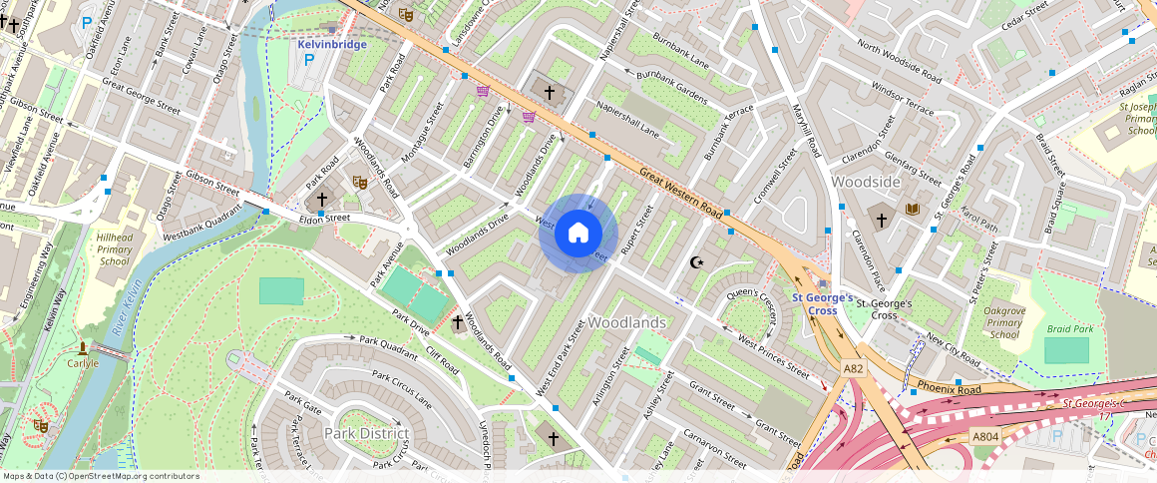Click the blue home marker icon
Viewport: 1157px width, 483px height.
(x=578, y=234)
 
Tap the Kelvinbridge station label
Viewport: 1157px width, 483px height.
(x=332, y=44)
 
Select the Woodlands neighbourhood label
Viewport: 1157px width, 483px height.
(x=626, y=323)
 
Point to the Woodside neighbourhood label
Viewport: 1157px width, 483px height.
(x=867, y=182)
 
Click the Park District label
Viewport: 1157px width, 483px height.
(x=366, y=433)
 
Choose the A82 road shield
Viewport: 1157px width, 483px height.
(x=853, y=368)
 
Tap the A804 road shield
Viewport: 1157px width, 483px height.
(x=985, y=436)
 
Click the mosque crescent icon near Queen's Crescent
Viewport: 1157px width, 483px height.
(x=696, y=262)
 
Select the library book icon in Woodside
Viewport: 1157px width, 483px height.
(x=912, y=209)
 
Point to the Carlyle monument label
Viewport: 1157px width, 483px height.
(x=82, y=363)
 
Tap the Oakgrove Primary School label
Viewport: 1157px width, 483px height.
(x=1004, y=322)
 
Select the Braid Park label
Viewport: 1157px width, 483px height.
(x=1070, y=328)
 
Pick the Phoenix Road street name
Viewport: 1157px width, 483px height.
(x=951, y=387)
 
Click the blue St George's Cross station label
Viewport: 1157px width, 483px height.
(x=822, y=303)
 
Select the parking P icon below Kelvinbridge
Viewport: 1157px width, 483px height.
(x=308, y=60)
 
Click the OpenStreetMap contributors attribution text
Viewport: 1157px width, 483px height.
(x=100, y=476)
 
